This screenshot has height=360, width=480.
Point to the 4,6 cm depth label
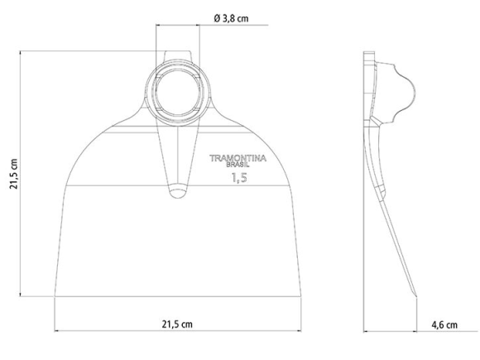point(444,324)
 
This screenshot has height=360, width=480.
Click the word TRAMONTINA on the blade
point(238,156)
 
